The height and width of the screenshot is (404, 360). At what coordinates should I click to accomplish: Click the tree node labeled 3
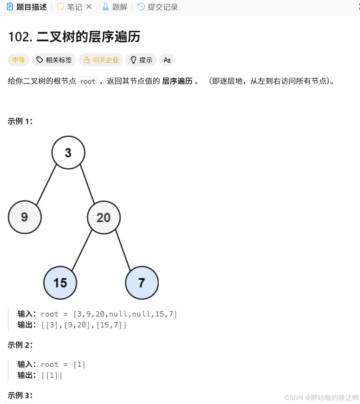coord(68,153)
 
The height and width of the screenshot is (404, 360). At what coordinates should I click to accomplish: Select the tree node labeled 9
coord(25,217)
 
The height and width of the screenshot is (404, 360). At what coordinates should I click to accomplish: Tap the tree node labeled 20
coord(104,218)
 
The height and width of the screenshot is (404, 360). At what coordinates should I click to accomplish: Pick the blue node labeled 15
coord(60,283)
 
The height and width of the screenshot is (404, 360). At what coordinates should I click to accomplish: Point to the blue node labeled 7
coord(142,283)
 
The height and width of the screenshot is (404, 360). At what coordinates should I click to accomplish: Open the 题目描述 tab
coord(27,7)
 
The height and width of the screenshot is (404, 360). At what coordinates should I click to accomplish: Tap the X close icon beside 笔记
coord(89,7)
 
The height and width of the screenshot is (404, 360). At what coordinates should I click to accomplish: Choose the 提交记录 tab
coord(158,7)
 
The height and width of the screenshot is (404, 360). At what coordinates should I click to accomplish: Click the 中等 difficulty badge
coord(18,60)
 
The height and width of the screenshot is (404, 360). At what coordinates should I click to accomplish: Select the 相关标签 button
coord(54,60)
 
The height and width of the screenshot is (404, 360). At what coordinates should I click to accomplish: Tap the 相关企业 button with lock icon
coord(101,60)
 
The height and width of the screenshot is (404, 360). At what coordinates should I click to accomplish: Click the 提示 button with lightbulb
coord(141,60)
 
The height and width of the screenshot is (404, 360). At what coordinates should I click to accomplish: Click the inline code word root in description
coord(88,82)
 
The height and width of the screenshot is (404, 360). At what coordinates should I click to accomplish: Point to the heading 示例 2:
coord(20,345)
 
